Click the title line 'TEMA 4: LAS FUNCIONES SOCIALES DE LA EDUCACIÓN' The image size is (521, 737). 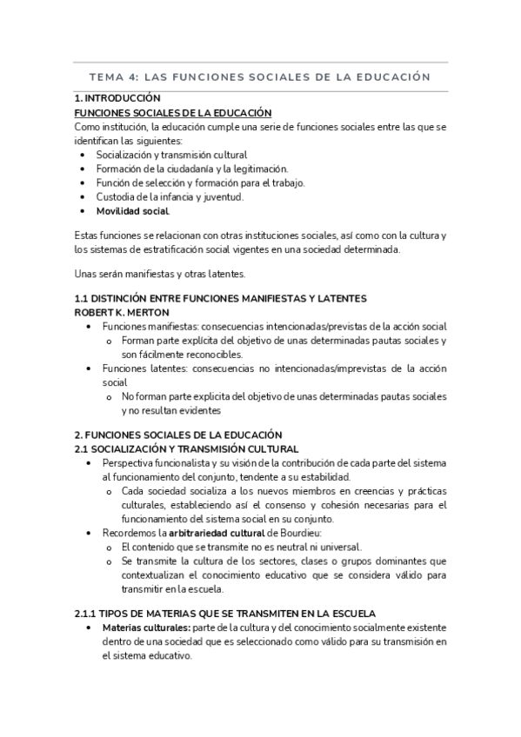[260, 76]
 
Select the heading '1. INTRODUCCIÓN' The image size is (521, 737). [118, 99]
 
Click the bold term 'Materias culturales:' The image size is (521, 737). [140, 628]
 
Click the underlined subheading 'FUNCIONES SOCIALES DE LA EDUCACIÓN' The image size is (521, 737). [173, 113]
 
